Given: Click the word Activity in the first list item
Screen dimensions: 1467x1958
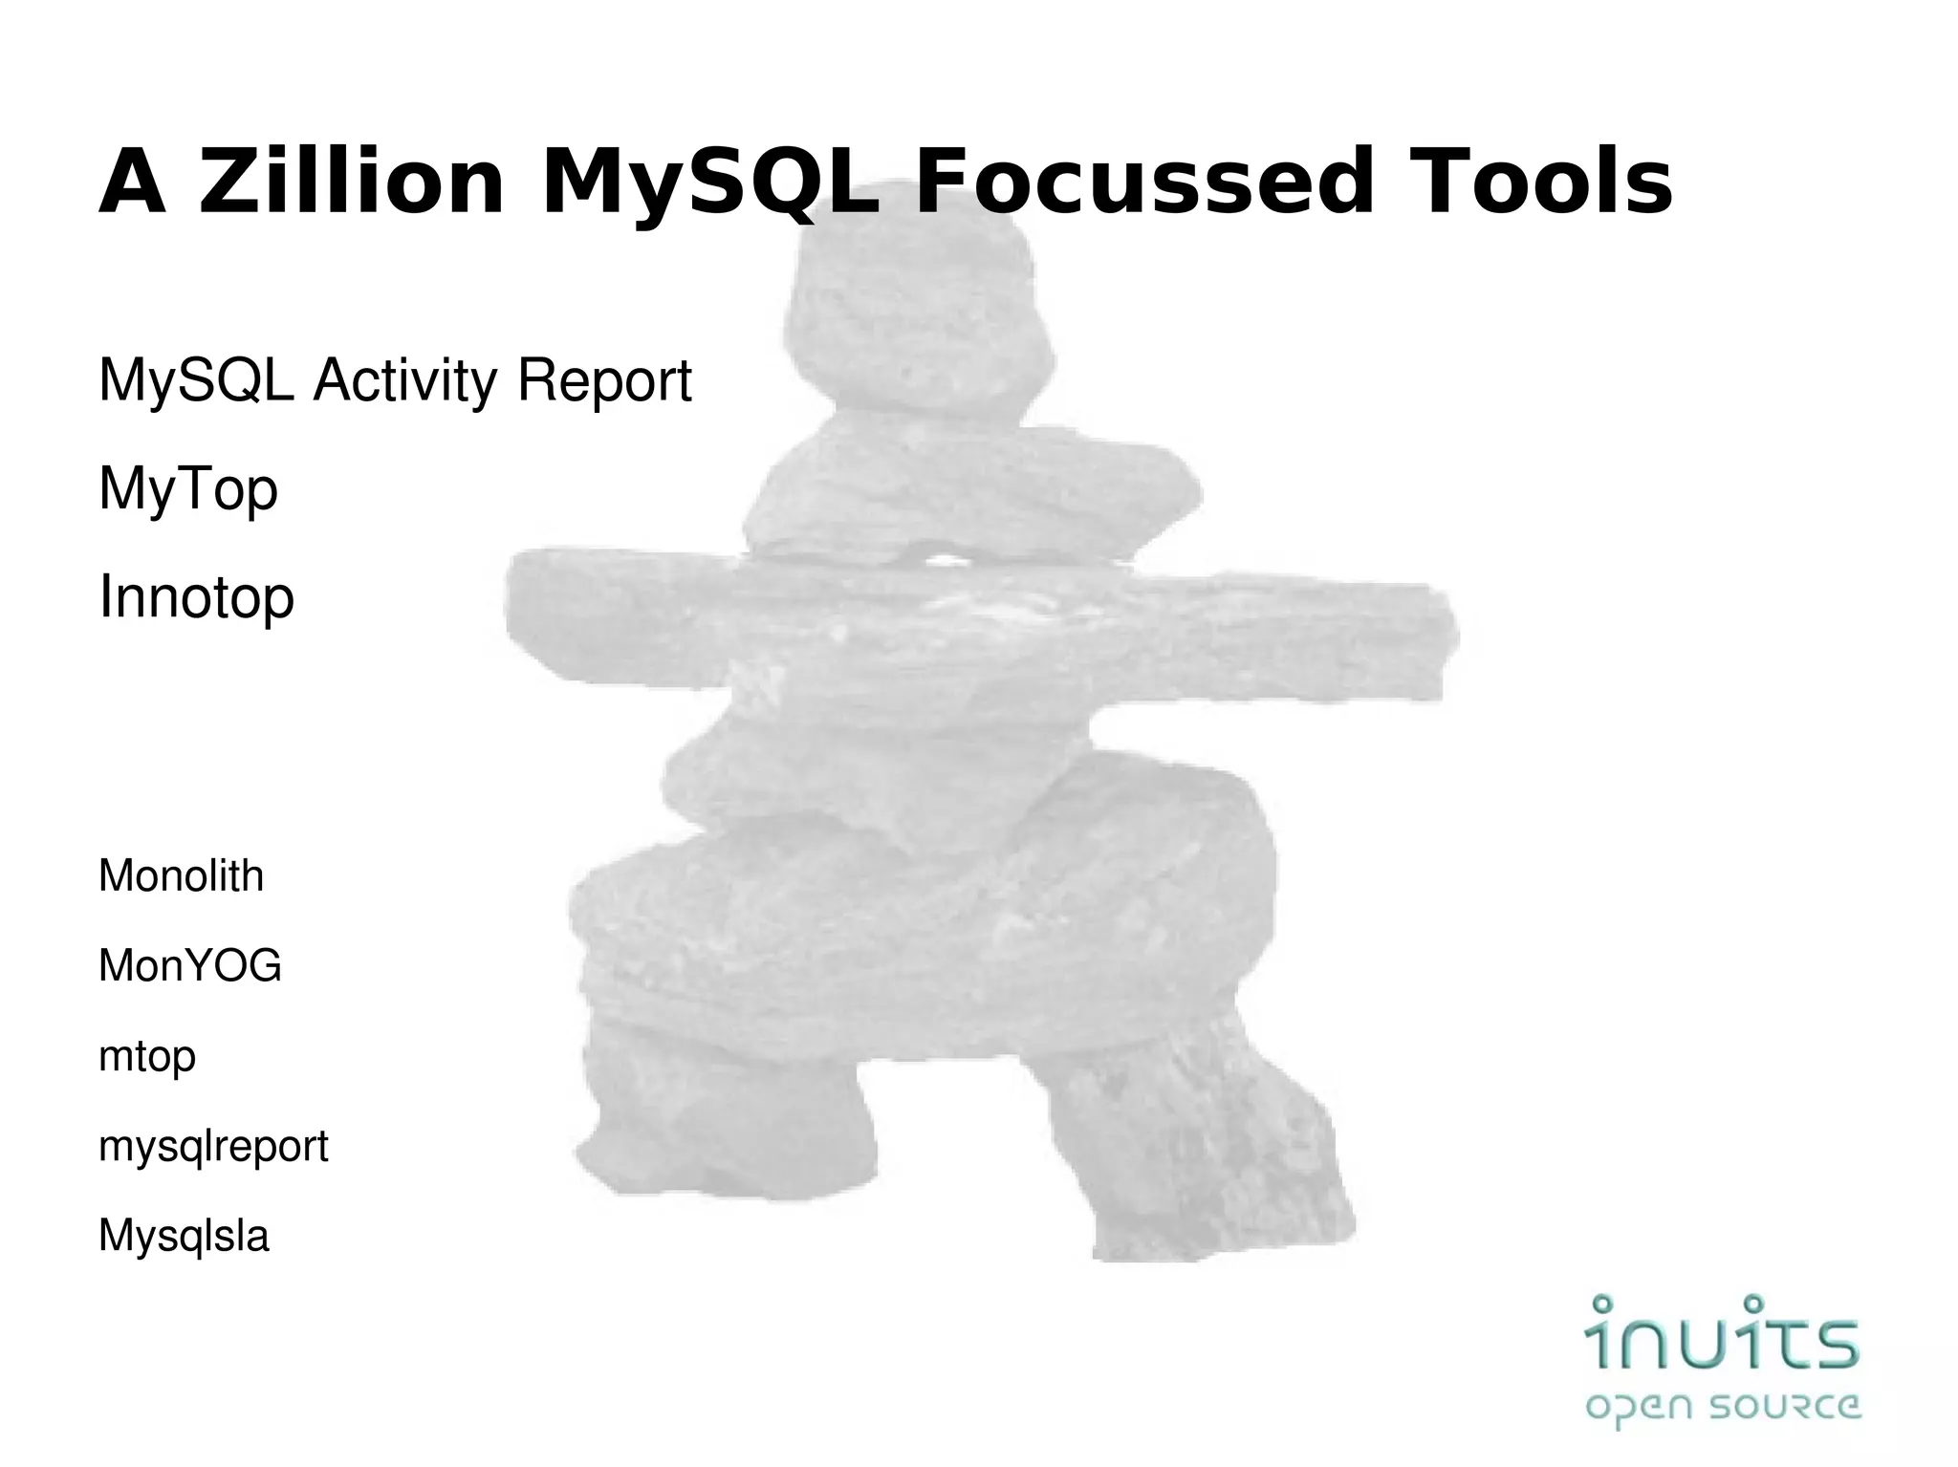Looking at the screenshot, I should point(405,380).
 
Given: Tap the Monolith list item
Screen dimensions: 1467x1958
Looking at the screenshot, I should point(181,875).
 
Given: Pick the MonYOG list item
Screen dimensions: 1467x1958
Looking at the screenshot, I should point(189,965).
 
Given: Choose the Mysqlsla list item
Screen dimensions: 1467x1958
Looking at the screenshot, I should point(184,1236).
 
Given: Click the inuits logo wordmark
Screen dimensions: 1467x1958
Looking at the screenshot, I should point(1722,1333).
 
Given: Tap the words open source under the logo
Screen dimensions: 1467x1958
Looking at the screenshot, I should point(1722,1408).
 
